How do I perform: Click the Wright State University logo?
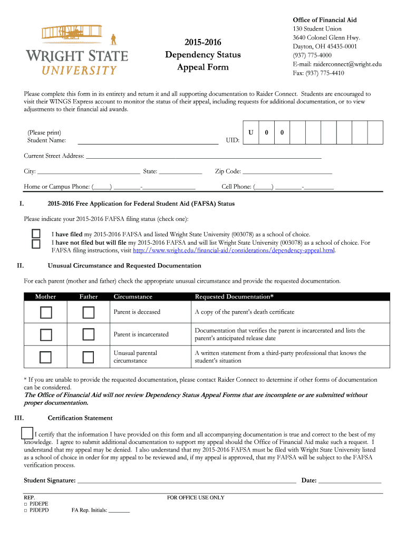[77, 50]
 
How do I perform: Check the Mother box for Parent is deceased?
[46, 313]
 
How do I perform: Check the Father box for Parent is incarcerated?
[88, 334]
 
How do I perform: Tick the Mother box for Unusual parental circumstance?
[46, 357]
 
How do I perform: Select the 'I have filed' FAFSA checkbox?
[36, 234]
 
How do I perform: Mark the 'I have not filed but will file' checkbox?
[36, 244]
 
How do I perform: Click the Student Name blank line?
[148, 141]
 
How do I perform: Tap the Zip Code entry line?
[287, 171]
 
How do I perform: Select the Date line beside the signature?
[350, 480]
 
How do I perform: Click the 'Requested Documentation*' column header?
[234, 297]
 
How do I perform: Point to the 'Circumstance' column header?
[133, 297]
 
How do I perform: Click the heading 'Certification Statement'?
[80, 418]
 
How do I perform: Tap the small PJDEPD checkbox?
[26, 510]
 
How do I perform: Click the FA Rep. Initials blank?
[119, 510]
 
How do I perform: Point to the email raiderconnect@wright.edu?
[337, 64]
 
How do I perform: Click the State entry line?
[180, 171]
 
